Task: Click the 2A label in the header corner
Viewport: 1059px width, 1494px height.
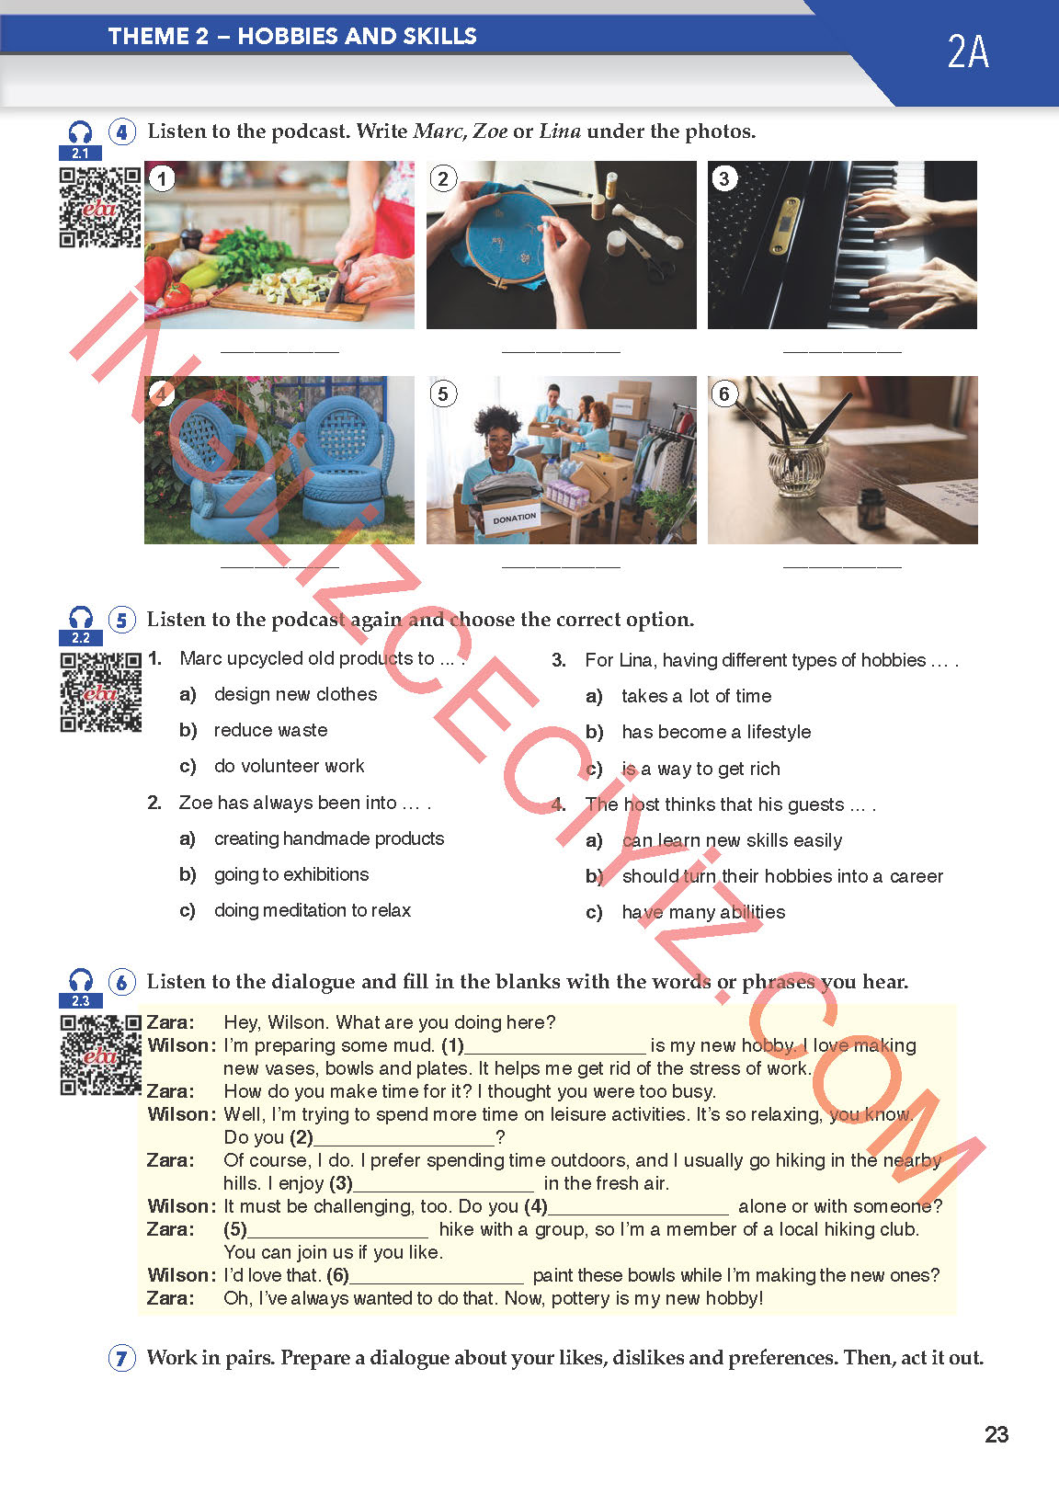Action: click(x=968, y=51)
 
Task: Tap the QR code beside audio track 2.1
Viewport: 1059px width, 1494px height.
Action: click(x=100, y=207)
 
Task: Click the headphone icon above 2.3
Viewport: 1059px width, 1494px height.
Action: click(x=81, y=980)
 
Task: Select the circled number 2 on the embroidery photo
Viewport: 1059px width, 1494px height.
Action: click(x=443, y=178)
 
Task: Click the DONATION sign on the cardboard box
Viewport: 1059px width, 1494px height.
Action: click(x=514, y=518)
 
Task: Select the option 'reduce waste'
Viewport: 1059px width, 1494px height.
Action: click(x=271, y=730)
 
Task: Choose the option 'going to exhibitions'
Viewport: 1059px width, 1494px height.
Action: click(x=291, y=874)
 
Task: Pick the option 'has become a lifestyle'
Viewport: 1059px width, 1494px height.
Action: click(x=716, y=732)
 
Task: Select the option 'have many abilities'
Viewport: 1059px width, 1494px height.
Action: click(x=703, y=912)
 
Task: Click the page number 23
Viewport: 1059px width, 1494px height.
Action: click(x=996, y=1434)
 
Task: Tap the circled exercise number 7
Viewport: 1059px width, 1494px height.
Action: click(x=121, y=1358)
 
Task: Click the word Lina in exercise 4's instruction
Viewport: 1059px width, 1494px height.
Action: click(x=560, y=131)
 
